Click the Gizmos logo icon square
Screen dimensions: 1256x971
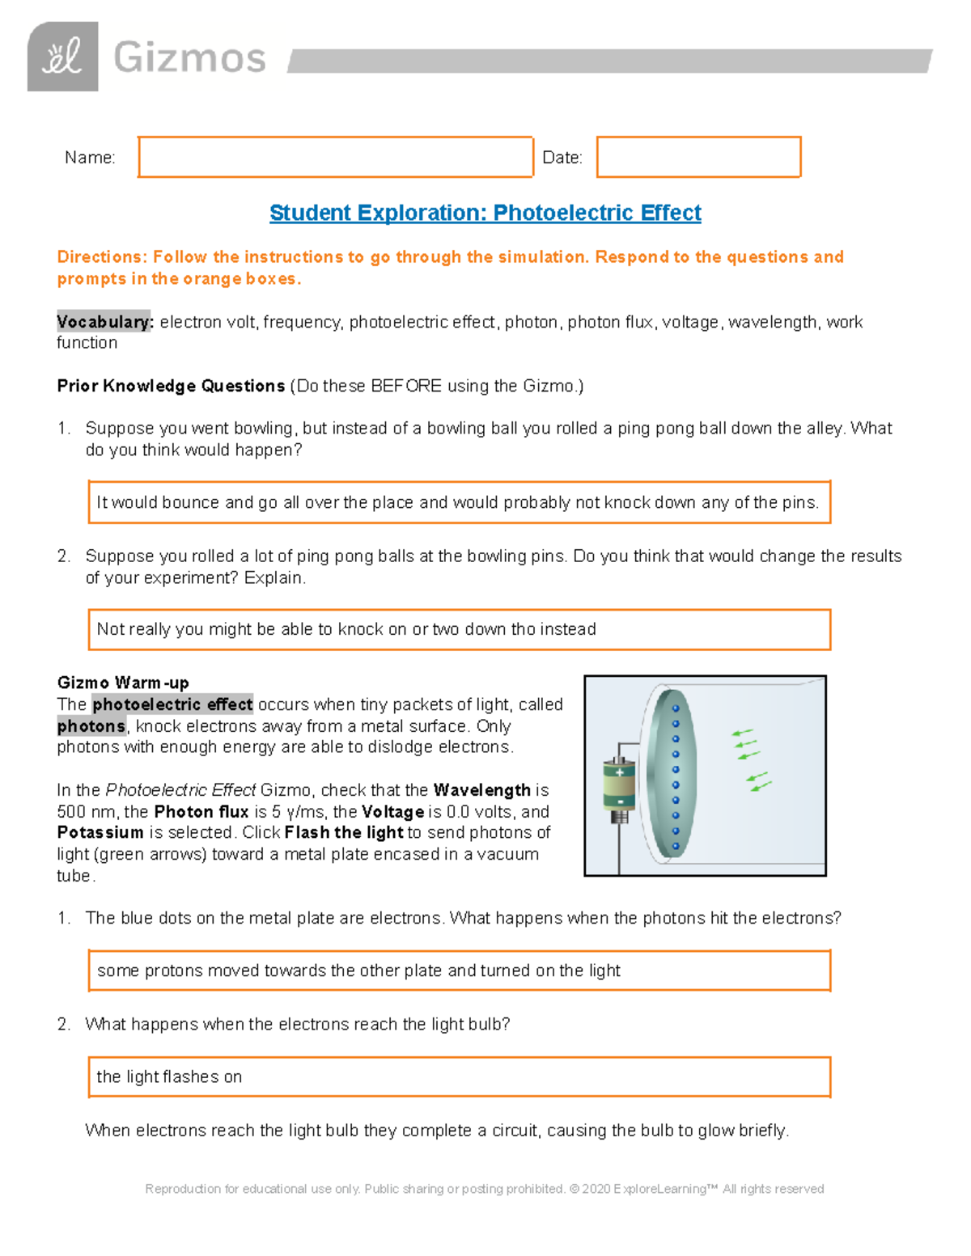point(62,57)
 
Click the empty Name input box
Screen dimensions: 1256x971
point(335,157)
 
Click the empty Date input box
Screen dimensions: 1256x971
point(698,157)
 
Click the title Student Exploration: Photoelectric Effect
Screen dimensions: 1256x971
point(485,213)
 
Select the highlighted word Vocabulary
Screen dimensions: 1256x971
point(104,322)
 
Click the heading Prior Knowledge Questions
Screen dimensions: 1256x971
point(171,386)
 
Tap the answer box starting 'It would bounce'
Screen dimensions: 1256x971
point(459,502)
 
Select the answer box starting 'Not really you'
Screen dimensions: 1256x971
point(459,629)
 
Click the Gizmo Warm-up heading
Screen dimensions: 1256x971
point(123,683)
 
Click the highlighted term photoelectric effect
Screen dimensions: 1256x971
point(172,704)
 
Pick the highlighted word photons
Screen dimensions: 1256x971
point(91,726)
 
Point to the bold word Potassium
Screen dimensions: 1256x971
point(100,832)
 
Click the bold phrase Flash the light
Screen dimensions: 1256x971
point(344,832)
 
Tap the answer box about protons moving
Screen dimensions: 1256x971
point(459,971)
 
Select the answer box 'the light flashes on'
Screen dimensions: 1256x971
point(459,1076)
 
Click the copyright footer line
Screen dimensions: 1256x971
point(484,1189)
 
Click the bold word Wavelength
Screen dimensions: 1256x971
point(481,790)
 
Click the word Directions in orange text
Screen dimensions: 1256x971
point(101,257)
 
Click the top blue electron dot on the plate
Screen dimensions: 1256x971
point(676,708)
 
